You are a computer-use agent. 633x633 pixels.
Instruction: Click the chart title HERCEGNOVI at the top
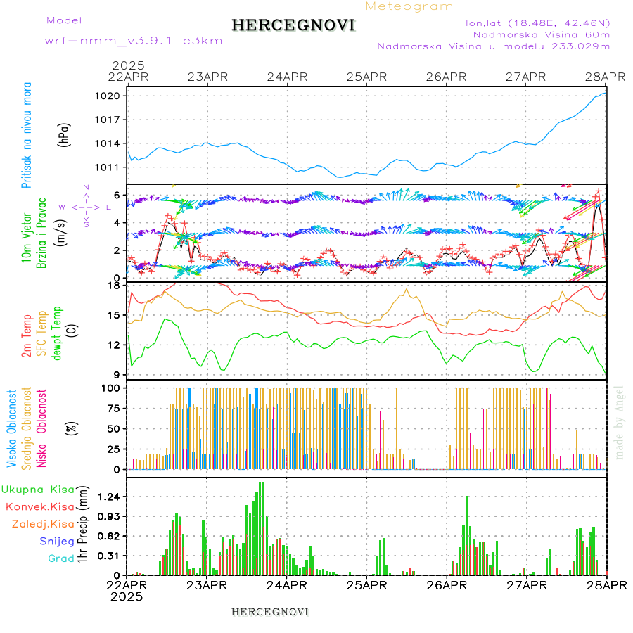click(293, 26)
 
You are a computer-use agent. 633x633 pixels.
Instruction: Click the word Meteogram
click(410, 6)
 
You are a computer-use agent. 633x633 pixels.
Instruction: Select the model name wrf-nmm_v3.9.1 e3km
click(134, 41)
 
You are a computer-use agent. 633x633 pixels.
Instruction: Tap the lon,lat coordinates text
click(538, 23)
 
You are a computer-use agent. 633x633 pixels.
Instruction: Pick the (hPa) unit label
click(64, 134)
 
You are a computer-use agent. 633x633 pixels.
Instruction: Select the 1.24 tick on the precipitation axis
click(110, 497)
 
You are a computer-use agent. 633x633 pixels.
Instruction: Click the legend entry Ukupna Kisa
click(38, 489)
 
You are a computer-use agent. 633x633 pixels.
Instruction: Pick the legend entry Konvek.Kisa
click(39, 506)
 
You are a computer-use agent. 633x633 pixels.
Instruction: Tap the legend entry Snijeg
click(56, 541)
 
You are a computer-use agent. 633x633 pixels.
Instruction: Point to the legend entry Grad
click(60, 558)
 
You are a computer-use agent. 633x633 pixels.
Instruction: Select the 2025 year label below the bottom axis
click(127, 596)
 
